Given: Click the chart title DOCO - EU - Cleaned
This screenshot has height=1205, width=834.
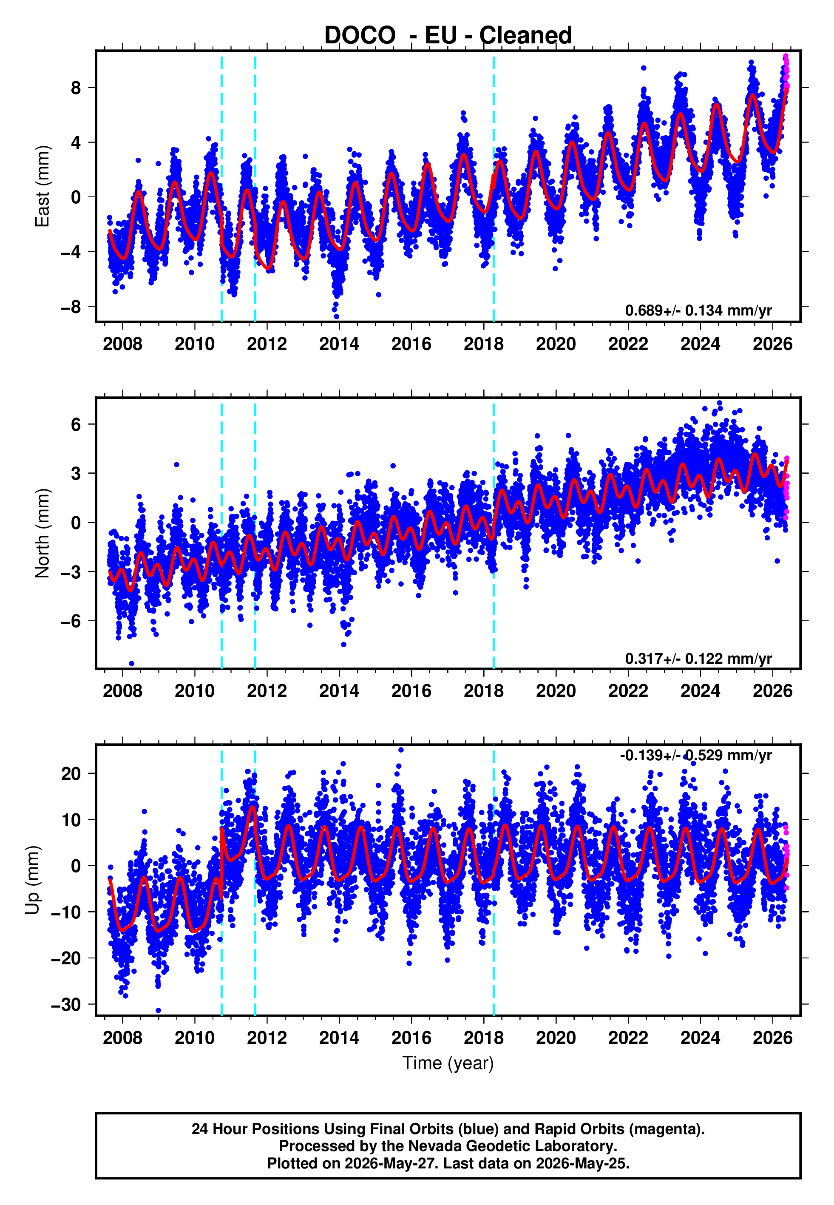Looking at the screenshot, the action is [x=448, y=36].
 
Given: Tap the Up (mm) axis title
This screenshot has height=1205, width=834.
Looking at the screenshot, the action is [x=32, y=880].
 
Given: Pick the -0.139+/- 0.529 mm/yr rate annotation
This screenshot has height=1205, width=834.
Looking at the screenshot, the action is [x=695, y=755].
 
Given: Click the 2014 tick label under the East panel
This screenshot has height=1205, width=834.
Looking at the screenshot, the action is [x=339, y=344].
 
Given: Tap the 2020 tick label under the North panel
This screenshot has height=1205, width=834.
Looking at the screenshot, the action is [x=556, y=691].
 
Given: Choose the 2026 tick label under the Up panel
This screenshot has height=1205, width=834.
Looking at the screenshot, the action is [x=772, y=1038].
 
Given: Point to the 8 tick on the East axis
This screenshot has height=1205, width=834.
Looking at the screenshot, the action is [x=76, y=88].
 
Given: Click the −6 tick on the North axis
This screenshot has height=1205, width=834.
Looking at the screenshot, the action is [x=71, y=621].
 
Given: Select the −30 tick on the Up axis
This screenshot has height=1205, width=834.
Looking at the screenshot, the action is [x=66, y=1004].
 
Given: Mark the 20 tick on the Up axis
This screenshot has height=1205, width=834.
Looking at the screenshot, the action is [x=71, y=773].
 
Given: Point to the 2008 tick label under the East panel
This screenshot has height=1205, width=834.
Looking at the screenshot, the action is [x=122, y=344].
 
